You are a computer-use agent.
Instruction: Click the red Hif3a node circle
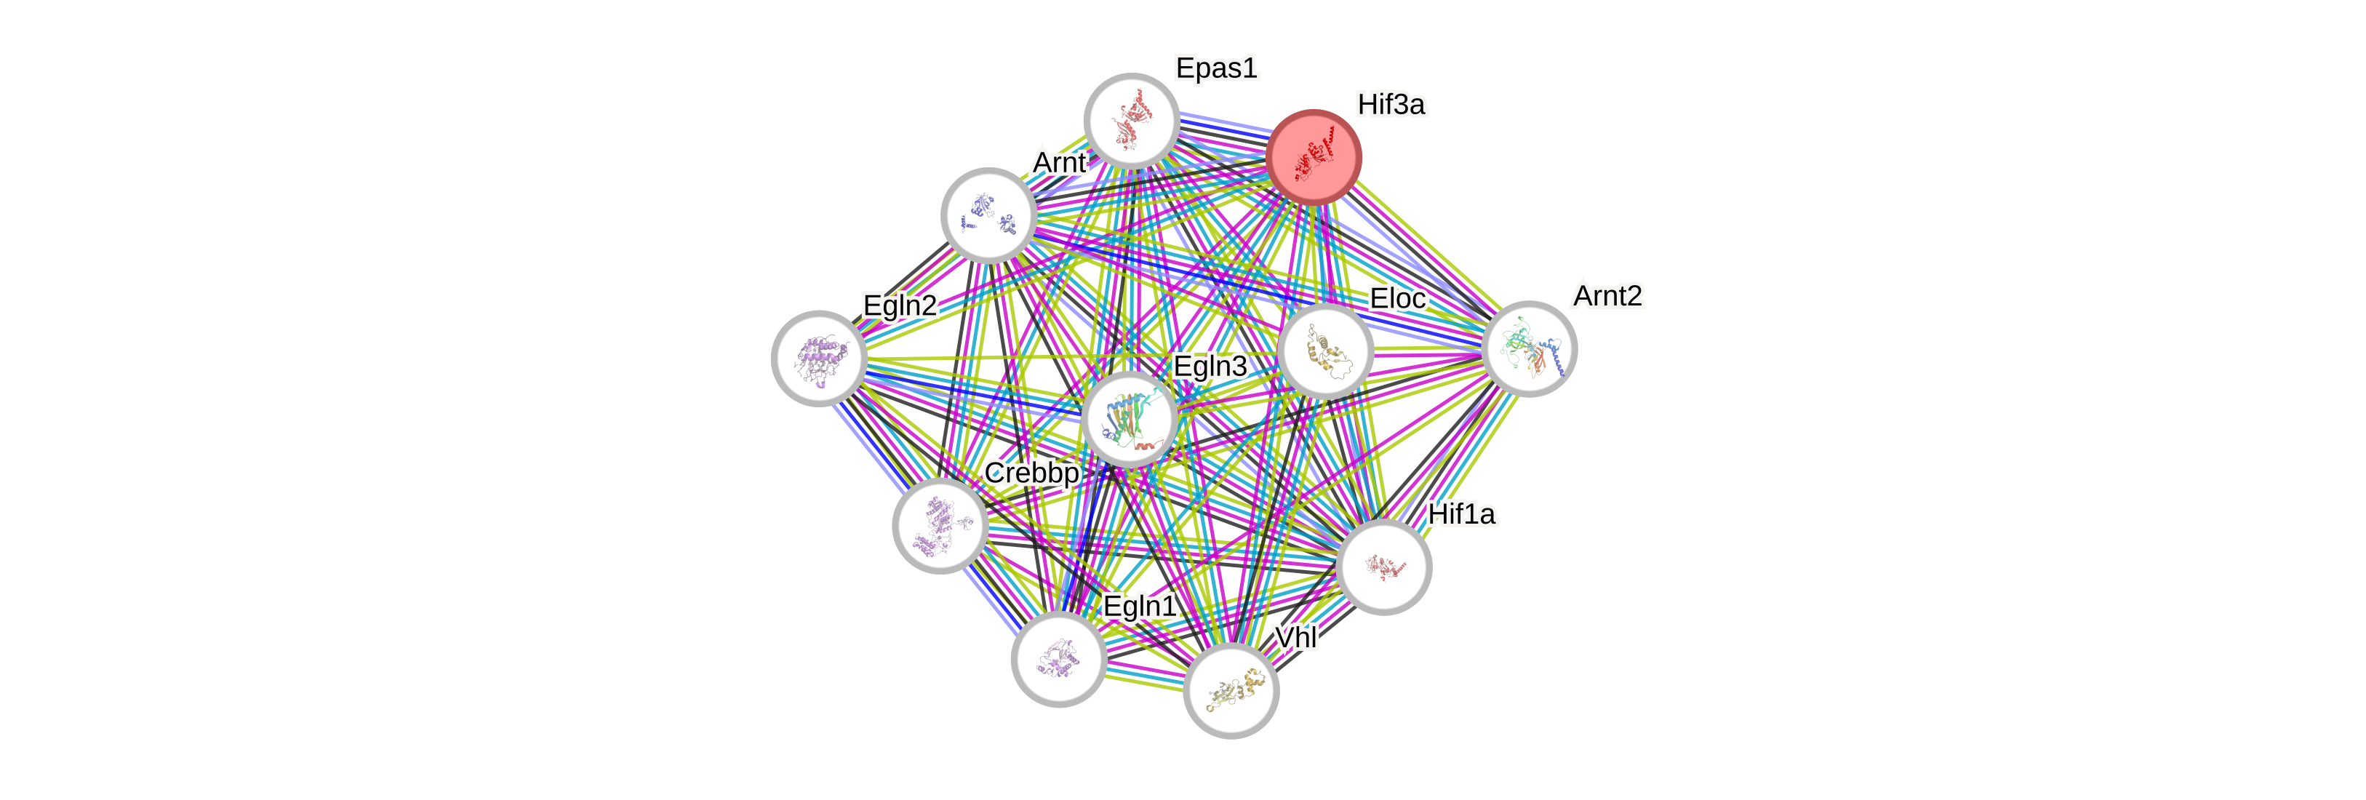1314,157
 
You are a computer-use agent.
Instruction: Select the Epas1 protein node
1132,120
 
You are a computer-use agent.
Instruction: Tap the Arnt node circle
989,215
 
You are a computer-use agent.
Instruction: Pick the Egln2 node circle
818,357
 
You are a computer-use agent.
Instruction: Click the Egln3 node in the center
1129,419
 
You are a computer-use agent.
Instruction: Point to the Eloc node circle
1325,351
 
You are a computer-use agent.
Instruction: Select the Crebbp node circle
940,525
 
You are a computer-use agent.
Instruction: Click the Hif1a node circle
1383,567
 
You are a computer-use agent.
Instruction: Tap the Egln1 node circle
1059,659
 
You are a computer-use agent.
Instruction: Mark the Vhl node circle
1231,691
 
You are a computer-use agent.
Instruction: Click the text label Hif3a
1391,105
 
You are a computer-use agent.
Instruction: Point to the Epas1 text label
1216,68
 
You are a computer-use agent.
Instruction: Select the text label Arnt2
1607,296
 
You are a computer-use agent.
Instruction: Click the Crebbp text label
1031,472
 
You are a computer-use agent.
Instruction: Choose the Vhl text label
1296,636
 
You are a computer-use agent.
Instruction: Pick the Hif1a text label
1461,513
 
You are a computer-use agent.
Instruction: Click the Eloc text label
1397,298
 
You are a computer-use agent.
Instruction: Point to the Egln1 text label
1139,607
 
